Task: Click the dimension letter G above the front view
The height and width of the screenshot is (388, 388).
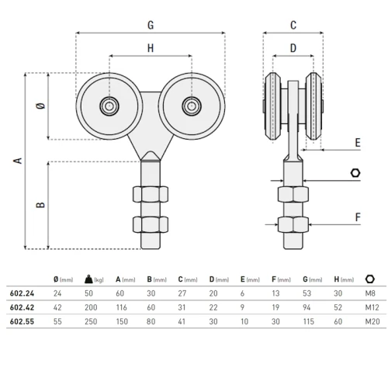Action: click(x=150, y=25)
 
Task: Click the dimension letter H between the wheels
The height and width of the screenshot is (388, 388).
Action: click(x=150, y=48)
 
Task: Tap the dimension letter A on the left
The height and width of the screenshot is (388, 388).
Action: click(x=16, y=161)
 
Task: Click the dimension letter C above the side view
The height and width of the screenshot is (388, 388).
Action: click(x=293, y=25)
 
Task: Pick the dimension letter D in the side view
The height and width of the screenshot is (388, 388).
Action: click(x=293, y=48)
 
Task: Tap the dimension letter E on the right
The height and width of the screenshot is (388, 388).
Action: click(x=357, y=143)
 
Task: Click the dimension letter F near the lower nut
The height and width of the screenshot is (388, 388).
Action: click(x=357, y=217)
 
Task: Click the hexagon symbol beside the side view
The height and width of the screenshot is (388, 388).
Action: click(x=355, y=172)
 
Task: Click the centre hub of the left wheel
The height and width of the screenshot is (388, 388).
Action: click(x=109, y=106)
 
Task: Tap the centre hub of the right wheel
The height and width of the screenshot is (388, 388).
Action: click(x=190, y=106)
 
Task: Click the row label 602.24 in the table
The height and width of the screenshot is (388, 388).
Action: click(x=22, y=293)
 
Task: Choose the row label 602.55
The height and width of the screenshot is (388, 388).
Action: click(x=22, y=321)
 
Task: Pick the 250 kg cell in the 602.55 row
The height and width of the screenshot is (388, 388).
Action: click(x=90, y=321)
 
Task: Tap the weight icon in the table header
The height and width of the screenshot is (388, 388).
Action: click(x=89, y=279)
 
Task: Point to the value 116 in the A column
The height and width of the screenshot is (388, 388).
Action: click(x=123, y=307)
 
